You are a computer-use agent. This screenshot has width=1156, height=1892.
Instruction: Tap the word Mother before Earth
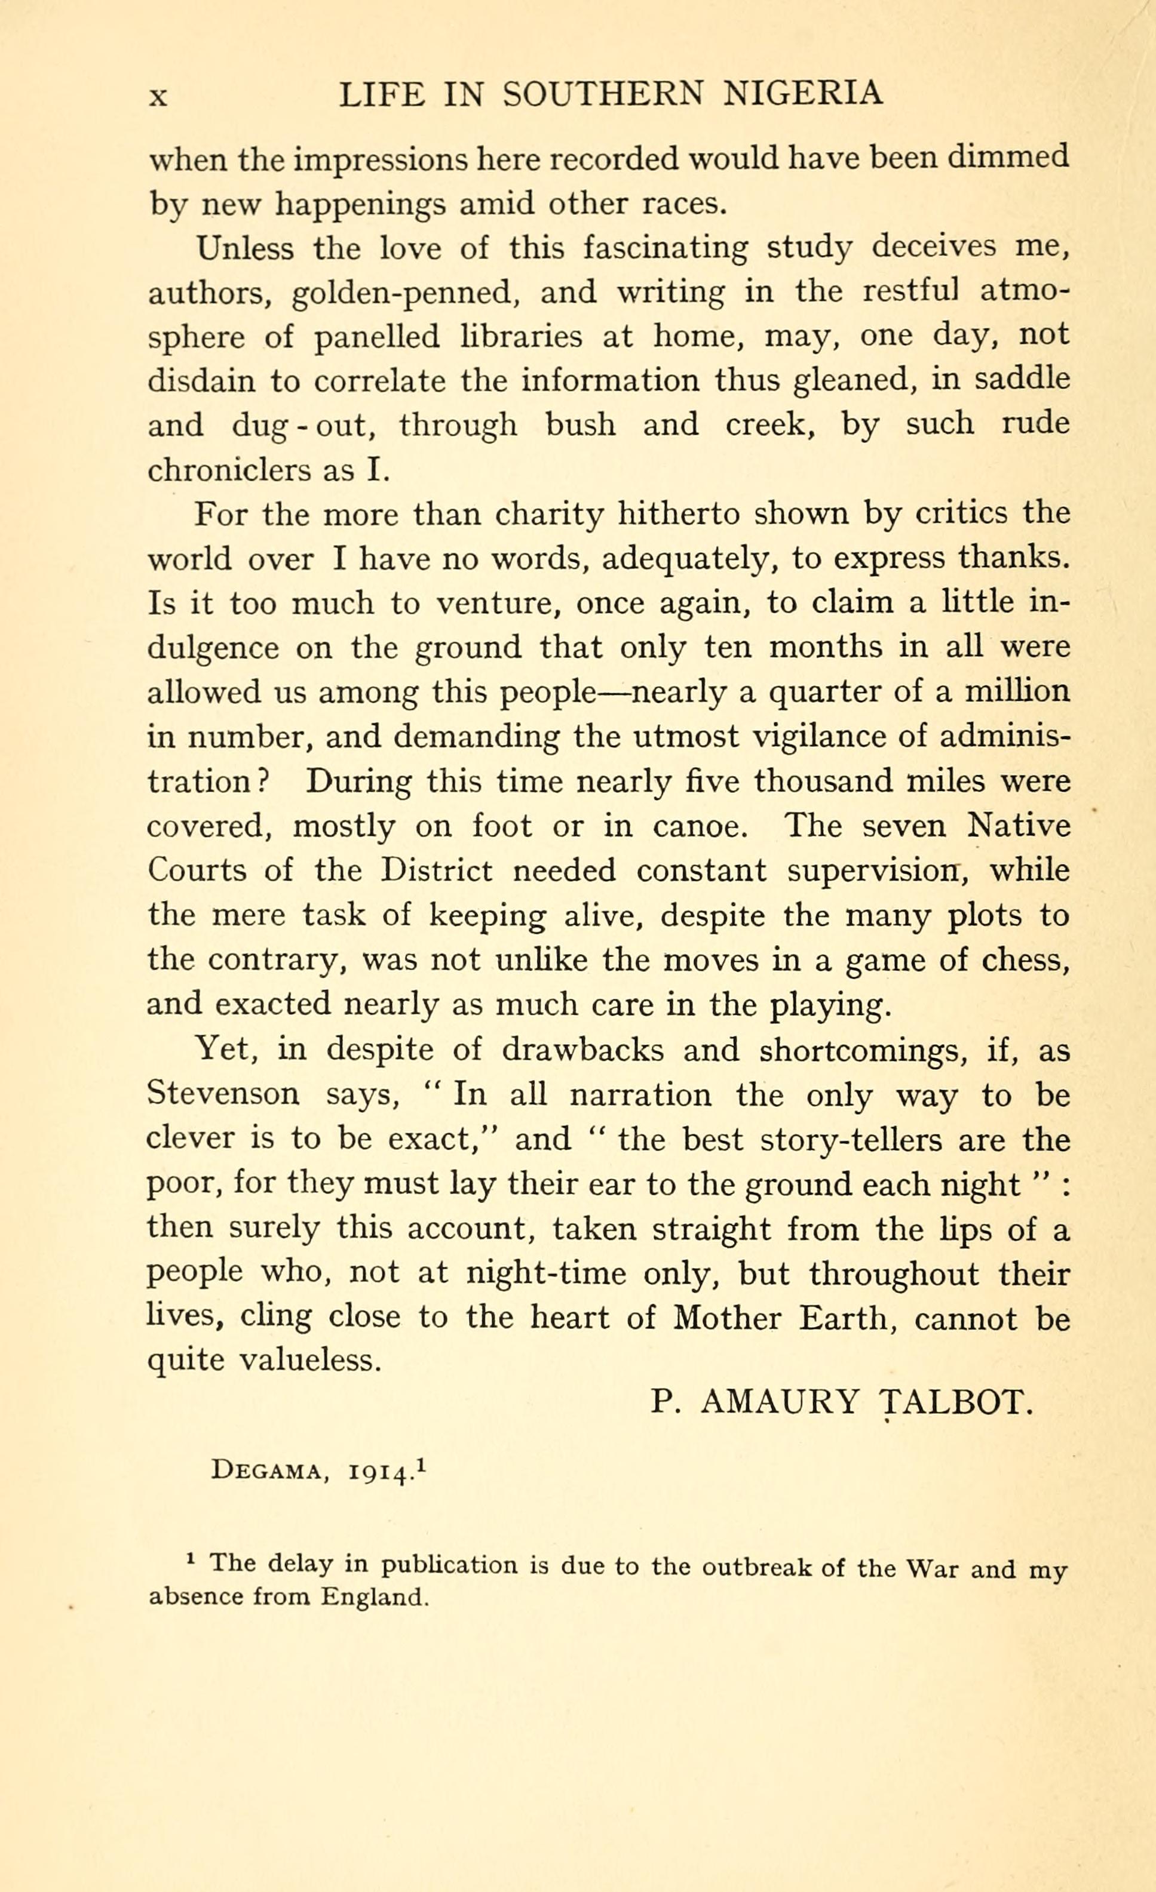tap(726, 1318)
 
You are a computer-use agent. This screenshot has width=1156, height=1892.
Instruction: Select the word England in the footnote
tap(373, 1598)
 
